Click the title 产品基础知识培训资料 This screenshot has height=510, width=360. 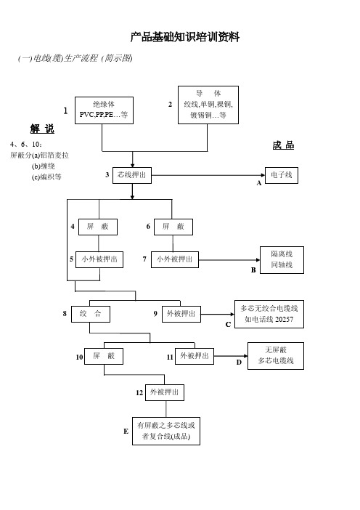click(x=185, y=37)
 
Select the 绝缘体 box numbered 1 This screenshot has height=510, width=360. click(x=104, y=110)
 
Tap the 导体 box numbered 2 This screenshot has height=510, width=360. click(x=208, y=105)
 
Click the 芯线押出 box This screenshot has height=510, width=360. click(x=132, y=175)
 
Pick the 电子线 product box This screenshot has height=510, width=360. click(x=282, y=175)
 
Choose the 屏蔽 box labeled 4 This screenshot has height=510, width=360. click(x=98, y=227)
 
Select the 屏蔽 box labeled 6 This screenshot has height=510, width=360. click(x=173, y=227)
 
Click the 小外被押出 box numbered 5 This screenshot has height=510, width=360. click(x=99, y=259)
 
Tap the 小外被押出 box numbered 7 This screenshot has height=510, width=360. click(x=175, y=259)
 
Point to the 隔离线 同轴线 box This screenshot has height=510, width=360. click(x=282, y=260)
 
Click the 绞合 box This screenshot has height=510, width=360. click(x=91, y=314)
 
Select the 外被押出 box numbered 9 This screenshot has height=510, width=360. click(x=181, y=314)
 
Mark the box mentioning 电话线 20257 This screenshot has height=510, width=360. click(x=269, y=314)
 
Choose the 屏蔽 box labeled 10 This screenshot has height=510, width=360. click(x=104, y=356)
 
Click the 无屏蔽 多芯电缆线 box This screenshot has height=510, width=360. click(x=276, y=356)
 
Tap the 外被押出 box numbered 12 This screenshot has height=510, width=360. click(x=165, y=392)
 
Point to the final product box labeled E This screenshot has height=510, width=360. click(x=166, y=431)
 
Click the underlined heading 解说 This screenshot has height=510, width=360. click(x=42, y=129)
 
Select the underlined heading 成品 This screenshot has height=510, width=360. click(x=283, y=145)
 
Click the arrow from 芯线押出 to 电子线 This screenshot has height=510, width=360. click(x=208, y=175)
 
